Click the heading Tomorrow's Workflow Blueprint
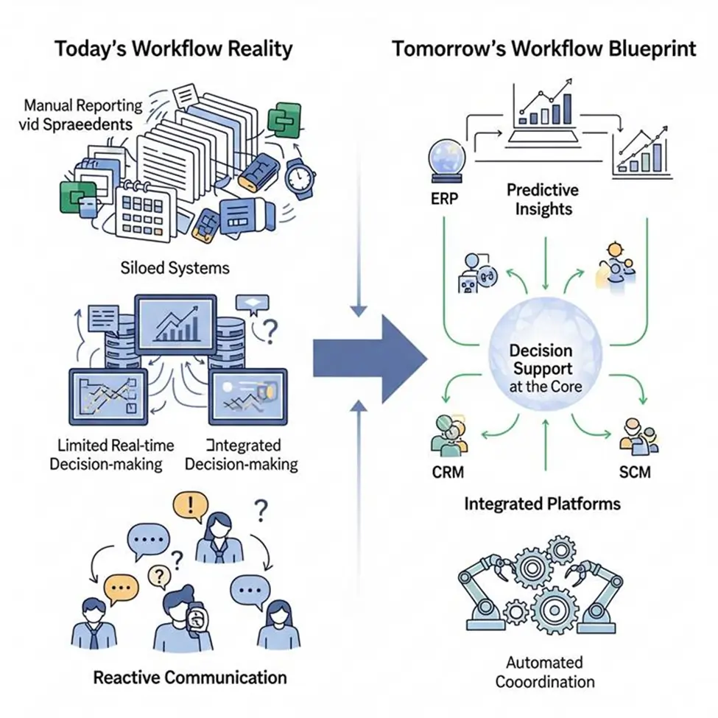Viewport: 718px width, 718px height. tap(543, 49)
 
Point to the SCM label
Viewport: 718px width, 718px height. tap(634, 471)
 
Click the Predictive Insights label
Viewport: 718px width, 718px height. tap(543, 200)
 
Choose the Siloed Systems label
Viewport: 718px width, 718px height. tap(175, 267)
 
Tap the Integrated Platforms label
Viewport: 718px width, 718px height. tap(543, 504)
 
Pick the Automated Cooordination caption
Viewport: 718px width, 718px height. tap(545, 672)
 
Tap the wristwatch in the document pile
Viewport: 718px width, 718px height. tap(300, 175)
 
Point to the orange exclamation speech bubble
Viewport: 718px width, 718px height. tap(189, 507)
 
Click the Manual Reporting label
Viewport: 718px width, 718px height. tap(77, 114)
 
